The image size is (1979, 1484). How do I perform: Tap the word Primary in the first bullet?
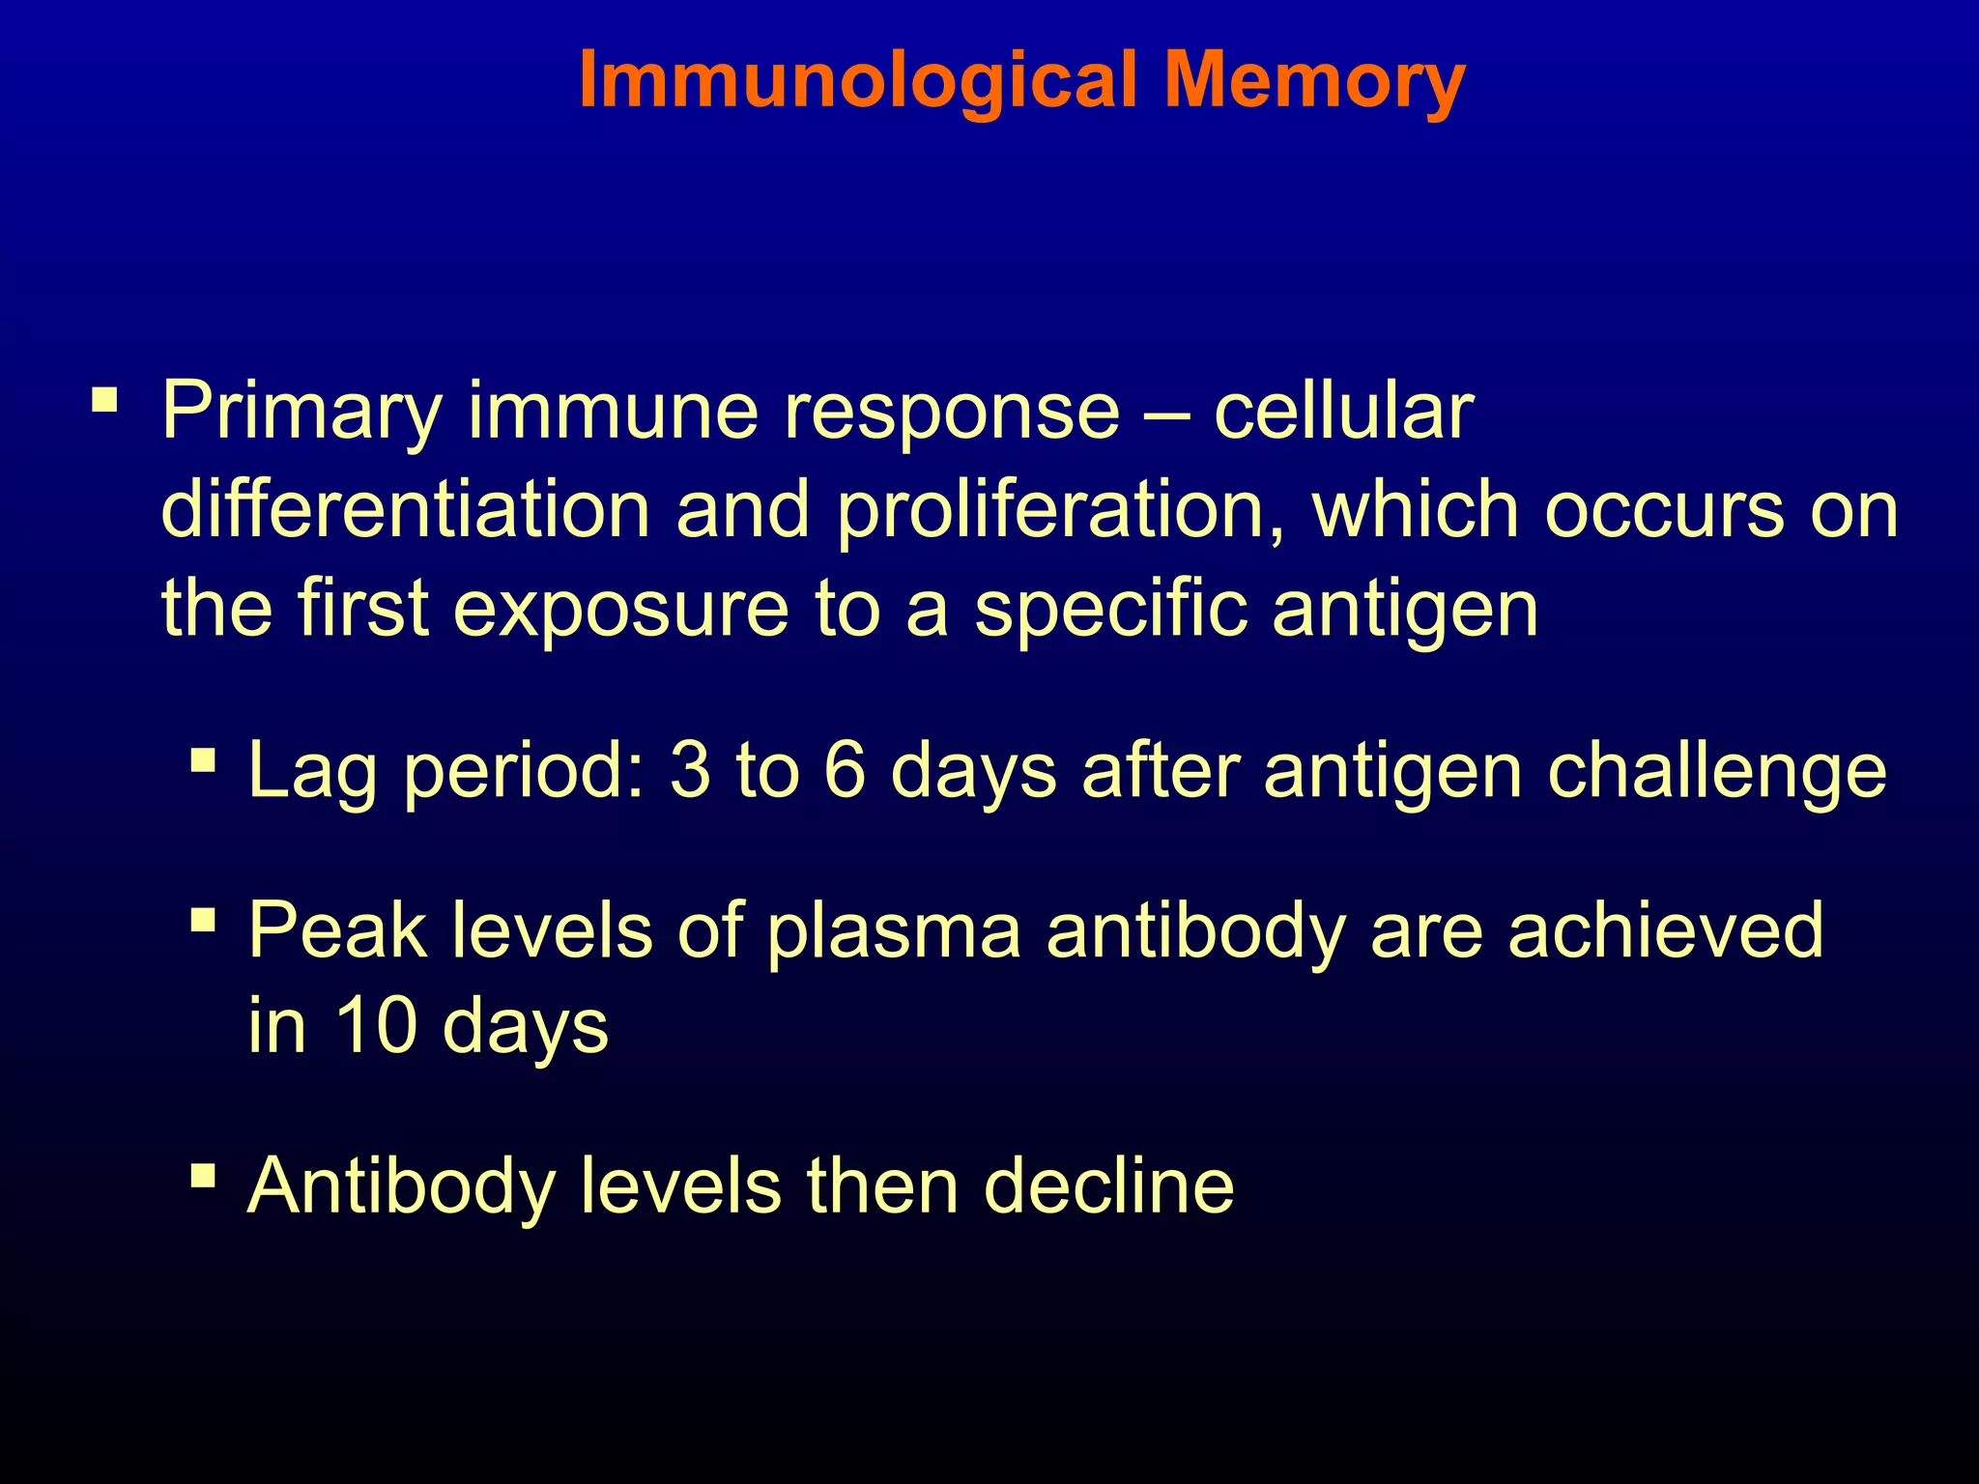[301, 412]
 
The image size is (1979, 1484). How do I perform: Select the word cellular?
[1343, 412]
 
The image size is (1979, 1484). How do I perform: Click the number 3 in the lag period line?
[689, 770]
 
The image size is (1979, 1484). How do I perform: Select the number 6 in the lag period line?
[845, 770]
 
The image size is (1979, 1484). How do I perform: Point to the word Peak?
[337, 929]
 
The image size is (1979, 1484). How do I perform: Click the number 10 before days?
[375, 1025]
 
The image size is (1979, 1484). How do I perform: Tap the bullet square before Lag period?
[203, 759]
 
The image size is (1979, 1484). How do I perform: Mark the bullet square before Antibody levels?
[203, 1176]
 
